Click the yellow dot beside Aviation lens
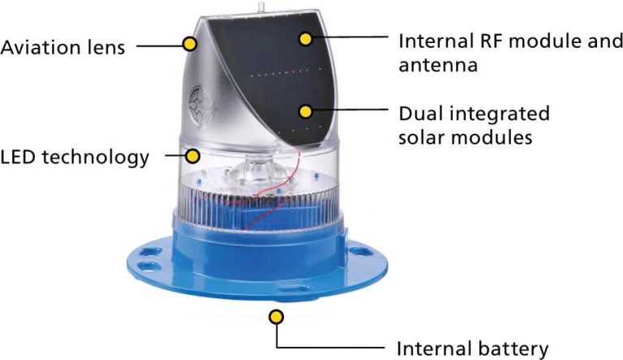point(191,44)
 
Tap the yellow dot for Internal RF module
point(306,39)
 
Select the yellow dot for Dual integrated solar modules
point(306,112)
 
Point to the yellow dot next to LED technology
point(193,156)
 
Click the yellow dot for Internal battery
point(276,317)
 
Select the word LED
point(18,157)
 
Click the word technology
point(96,158)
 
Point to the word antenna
point(438,66)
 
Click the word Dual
point(422,114)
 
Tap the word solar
point(422,138)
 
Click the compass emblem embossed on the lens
point(200,105)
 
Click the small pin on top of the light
point(260,6)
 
